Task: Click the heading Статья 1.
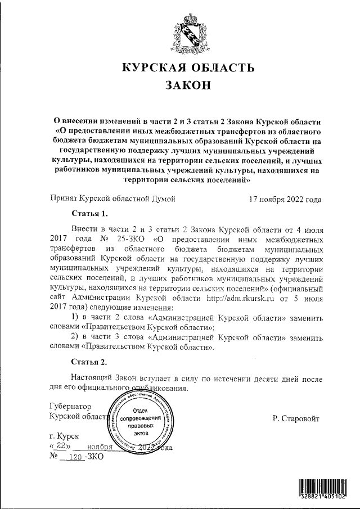[x=89, y=214]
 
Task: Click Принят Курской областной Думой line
[x=113, y=199]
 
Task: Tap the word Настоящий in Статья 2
[x=92, y=377]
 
